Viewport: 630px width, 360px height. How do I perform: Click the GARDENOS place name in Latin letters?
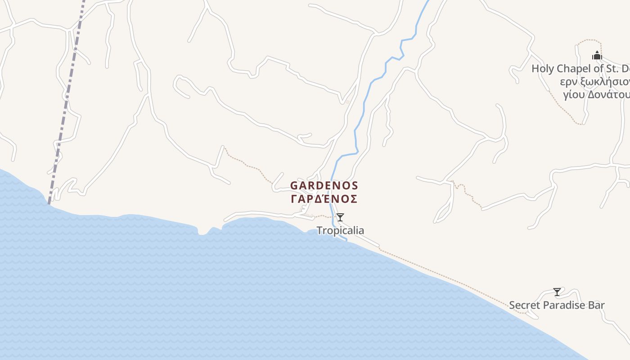[324, 185]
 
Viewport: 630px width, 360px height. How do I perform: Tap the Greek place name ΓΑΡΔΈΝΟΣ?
[324, 199]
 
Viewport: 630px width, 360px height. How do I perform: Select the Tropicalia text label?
[340, 230]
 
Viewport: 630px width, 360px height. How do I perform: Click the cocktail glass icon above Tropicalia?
[340, 218]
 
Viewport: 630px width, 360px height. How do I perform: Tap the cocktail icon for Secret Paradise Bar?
[557, 292]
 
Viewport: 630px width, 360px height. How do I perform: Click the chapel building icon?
[597, 56]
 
